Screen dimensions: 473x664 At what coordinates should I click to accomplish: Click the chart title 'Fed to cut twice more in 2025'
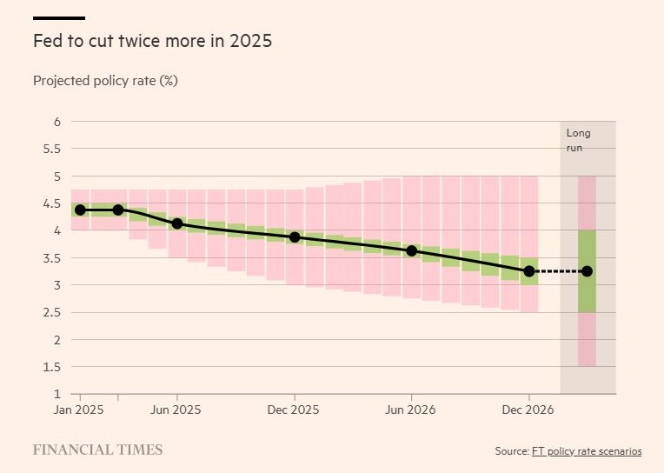pos(152,41)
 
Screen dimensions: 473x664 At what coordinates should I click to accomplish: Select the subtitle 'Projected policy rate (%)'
pos(105,81)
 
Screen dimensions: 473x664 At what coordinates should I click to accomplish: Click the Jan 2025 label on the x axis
pos(80,410)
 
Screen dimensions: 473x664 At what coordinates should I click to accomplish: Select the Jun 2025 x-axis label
pos(177,410)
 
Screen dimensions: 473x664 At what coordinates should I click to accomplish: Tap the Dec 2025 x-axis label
pos(295,410)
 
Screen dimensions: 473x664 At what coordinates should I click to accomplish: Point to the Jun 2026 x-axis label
pos(412,410)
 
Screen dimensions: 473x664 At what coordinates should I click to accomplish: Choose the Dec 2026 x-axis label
pos(529,410)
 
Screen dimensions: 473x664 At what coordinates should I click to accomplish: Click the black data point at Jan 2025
pos(80,210)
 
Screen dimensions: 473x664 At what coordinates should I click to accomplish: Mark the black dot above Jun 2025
pos(177,223)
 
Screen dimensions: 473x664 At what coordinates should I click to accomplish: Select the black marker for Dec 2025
pos(295,237)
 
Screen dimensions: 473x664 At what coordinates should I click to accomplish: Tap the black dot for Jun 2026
pos(412,250)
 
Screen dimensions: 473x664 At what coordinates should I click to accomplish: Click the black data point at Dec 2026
pos(529,271)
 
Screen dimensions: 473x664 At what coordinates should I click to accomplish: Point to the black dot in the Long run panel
pos(588,271)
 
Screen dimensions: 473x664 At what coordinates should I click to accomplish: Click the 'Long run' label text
pos(578,140)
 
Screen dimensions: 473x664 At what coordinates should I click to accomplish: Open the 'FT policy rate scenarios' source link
pos(586,451)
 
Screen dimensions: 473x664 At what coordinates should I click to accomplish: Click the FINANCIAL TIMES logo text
pos(97,450)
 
